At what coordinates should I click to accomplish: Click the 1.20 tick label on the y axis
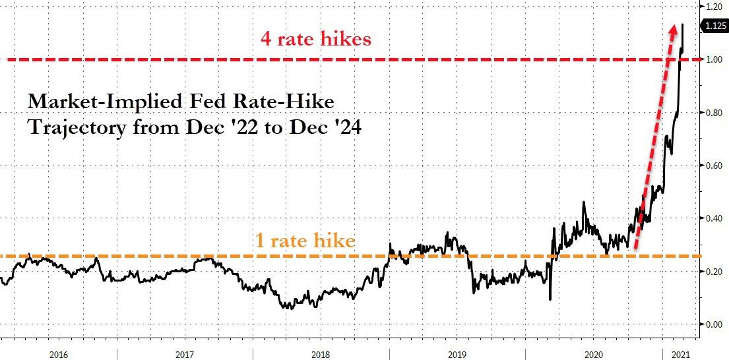[x=715, y=6]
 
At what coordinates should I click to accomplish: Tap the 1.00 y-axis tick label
[x=715, y=59]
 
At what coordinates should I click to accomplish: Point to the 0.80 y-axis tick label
[x=715, y=113]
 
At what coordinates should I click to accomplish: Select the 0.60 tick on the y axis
[x=715, y=165]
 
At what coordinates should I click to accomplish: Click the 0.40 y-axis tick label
[x=715, y=218]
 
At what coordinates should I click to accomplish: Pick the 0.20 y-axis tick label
[x=715, y=271]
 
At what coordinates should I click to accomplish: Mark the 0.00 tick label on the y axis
[x=715, y=324]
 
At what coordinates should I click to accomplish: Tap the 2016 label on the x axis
[x=58, y=353]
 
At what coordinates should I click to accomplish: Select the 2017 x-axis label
[x=185, y=353]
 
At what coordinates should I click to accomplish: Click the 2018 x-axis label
[x=321, y=353]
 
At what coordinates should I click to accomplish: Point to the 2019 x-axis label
[x=457, y=353]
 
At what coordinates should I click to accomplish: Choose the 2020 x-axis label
[x=593, y=353]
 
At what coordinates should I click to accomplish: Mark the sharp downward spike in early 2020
[x=550, y=298]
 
